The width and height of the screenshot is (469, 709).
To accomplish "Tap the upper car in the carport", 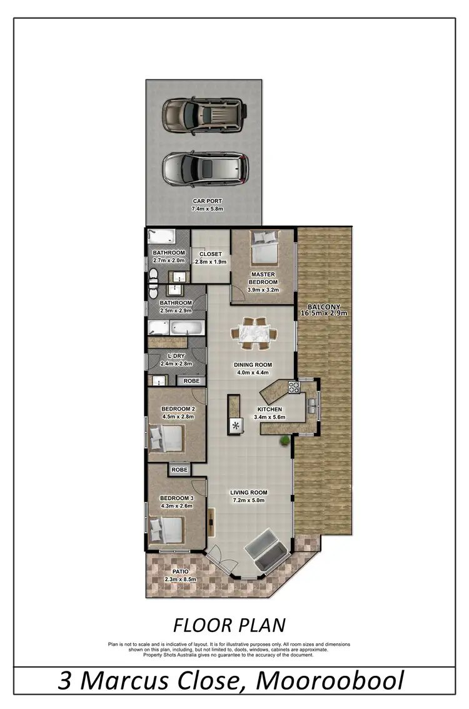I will [x=203, y=114].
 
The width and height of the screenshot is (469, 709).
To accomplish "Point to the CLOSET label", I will [x=211, y=254].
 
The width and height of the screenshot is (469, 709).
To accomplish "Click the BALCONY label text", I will [x=323, y=308].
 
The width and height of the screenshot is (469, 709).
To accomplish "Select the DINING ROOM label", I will [x=253, y=365].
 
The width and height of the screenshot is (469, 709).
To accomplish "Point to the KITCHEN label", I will [x=270, y=410].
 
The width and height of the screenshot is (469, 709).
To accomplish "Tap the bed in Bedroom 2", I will [x=167, y=437].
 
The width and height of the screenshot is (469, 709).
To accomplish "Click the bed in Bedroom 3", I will [x=166, y=529].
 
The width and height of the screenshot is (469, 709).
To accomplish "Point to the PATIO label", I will [x=180, y=571].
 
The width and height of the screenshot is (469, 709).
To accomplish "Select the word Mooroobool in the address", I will [x=330, y=681].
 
